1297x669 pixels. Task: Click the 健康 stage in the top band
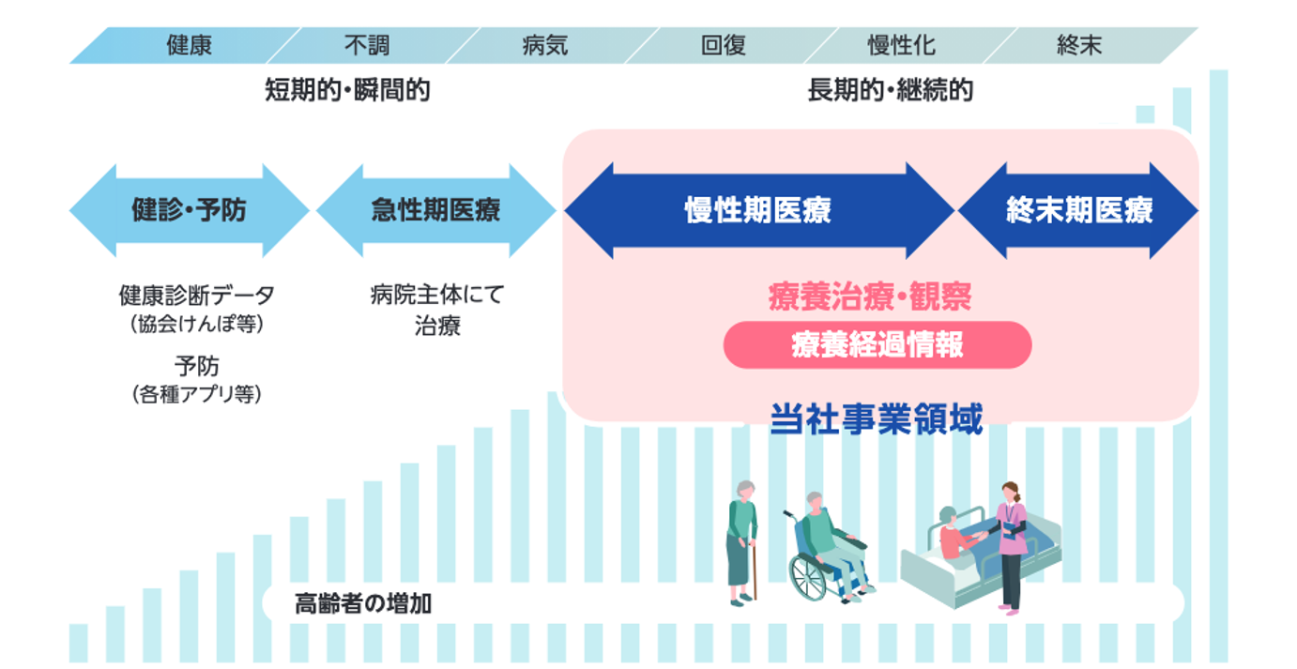click(x=189, y=45)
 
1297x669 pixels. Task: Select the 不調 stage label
click(x=366, y=45)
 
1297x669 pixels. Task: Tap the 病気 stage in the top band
click(x=544, y=45)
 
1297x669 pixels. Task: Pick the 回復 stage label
click(x=723, y=45)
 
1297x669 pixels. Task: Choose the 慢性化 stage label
click(x=901, y=45)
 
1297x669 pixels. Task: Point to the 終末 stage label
click(x=1079, y=45)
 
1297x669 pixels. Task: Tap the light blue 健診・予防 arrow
click(x=189, y=210)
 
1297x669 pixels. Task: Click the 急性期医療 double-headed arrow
click(x=435, y=210)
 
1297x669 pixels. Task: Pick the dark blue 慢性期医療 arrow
click(x=758, y=210)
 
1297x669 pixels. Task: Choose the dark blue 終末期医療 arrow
click(x=1078, y=210)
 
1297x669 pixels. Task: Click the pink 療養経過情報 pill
click(x=877, y=345)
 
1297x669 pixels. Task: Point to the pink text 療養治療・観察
click(x=869, y=296)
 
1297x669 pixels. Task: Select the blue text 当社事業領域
click(x=877, y=419)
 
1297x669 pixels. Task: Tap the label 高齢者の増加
click(x=363, y=604)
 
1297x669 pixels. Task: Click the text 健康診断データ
click(x=196, y=296)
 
